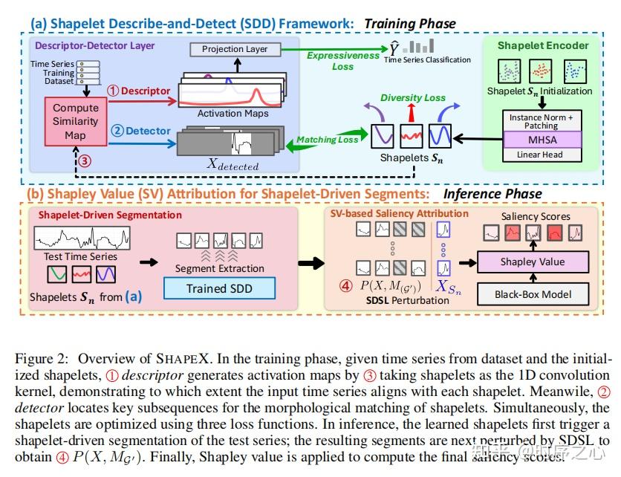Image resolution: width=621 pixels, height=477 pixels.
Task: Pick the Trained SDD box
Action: [x=219, y=288]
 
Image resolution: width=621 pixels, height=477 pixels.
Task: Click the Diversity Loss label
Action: [x=412, y=97]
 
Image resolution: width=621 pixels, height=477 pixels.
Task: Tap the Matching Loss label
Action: [x=327, y=139]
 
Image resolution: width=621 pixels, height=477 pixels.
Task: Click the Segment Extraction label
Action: [x=219, y=268]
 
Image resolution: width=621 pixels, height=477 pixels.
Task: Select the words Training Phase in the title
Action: [x=409, y=24]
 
